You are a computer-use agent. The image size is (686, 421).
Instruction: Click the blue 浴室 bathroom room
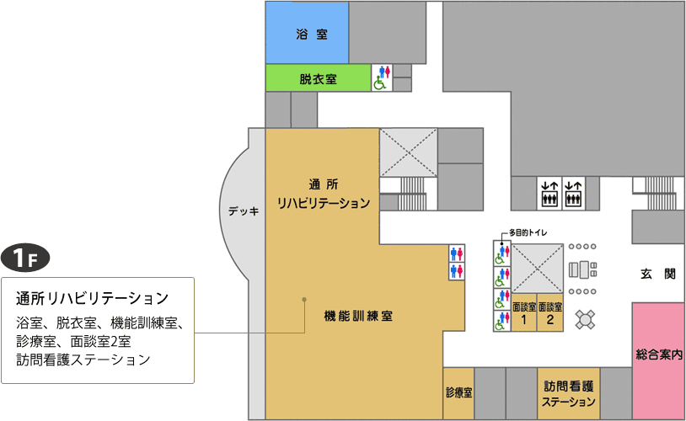point(307,33)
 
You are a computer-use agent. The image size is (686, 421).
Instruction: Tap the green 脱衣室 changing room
point(319,78)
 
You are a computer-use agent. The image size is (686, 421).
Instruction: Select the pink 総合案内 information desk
point(658,360)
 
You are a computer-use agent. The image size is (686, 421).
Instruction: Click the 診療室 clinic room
point(459,393)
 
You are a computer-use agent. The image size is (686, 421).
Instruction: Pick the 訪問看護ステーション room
point(569,393)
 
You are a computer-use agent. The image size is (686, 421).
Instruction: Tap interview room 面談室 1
point(523,312)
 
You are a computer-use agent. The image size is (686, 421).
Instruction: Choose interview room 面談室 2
point(550,312)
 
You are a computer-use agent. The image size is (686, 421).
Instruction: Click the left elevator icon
point(549,193)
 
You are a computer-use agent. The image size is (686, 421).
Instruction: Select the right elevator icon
point(573,193)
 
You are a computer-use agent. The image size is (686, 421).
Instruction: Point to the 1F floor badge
point(25,258)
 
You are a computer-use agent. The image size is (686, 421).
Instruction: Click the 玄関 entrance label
point(658,274)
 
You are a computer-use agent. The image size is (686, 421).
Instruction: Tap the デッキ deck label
point(244,211)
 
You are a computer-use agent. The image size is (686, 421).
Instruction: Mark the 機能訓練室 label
point(358,316)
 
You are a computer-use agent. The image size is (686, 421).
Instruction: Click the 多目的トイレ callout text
point(528,232)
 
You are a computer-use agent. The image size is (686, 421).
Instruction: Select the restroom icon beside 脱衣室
point(382,77)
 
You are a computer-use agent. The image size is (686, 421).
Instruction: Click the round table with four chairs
point(585,320)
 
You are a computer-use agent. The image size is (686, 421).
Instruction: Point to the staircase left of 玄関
point(659,193)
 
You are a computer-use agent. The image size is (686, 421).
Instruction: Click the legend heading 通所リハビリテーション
point(93,298)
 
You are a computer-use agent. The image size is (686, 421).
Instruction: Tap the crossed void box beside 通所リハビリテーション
point(408,152)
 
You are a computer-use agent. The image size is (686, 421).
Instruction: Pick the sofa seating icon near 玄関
point(582,269)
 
